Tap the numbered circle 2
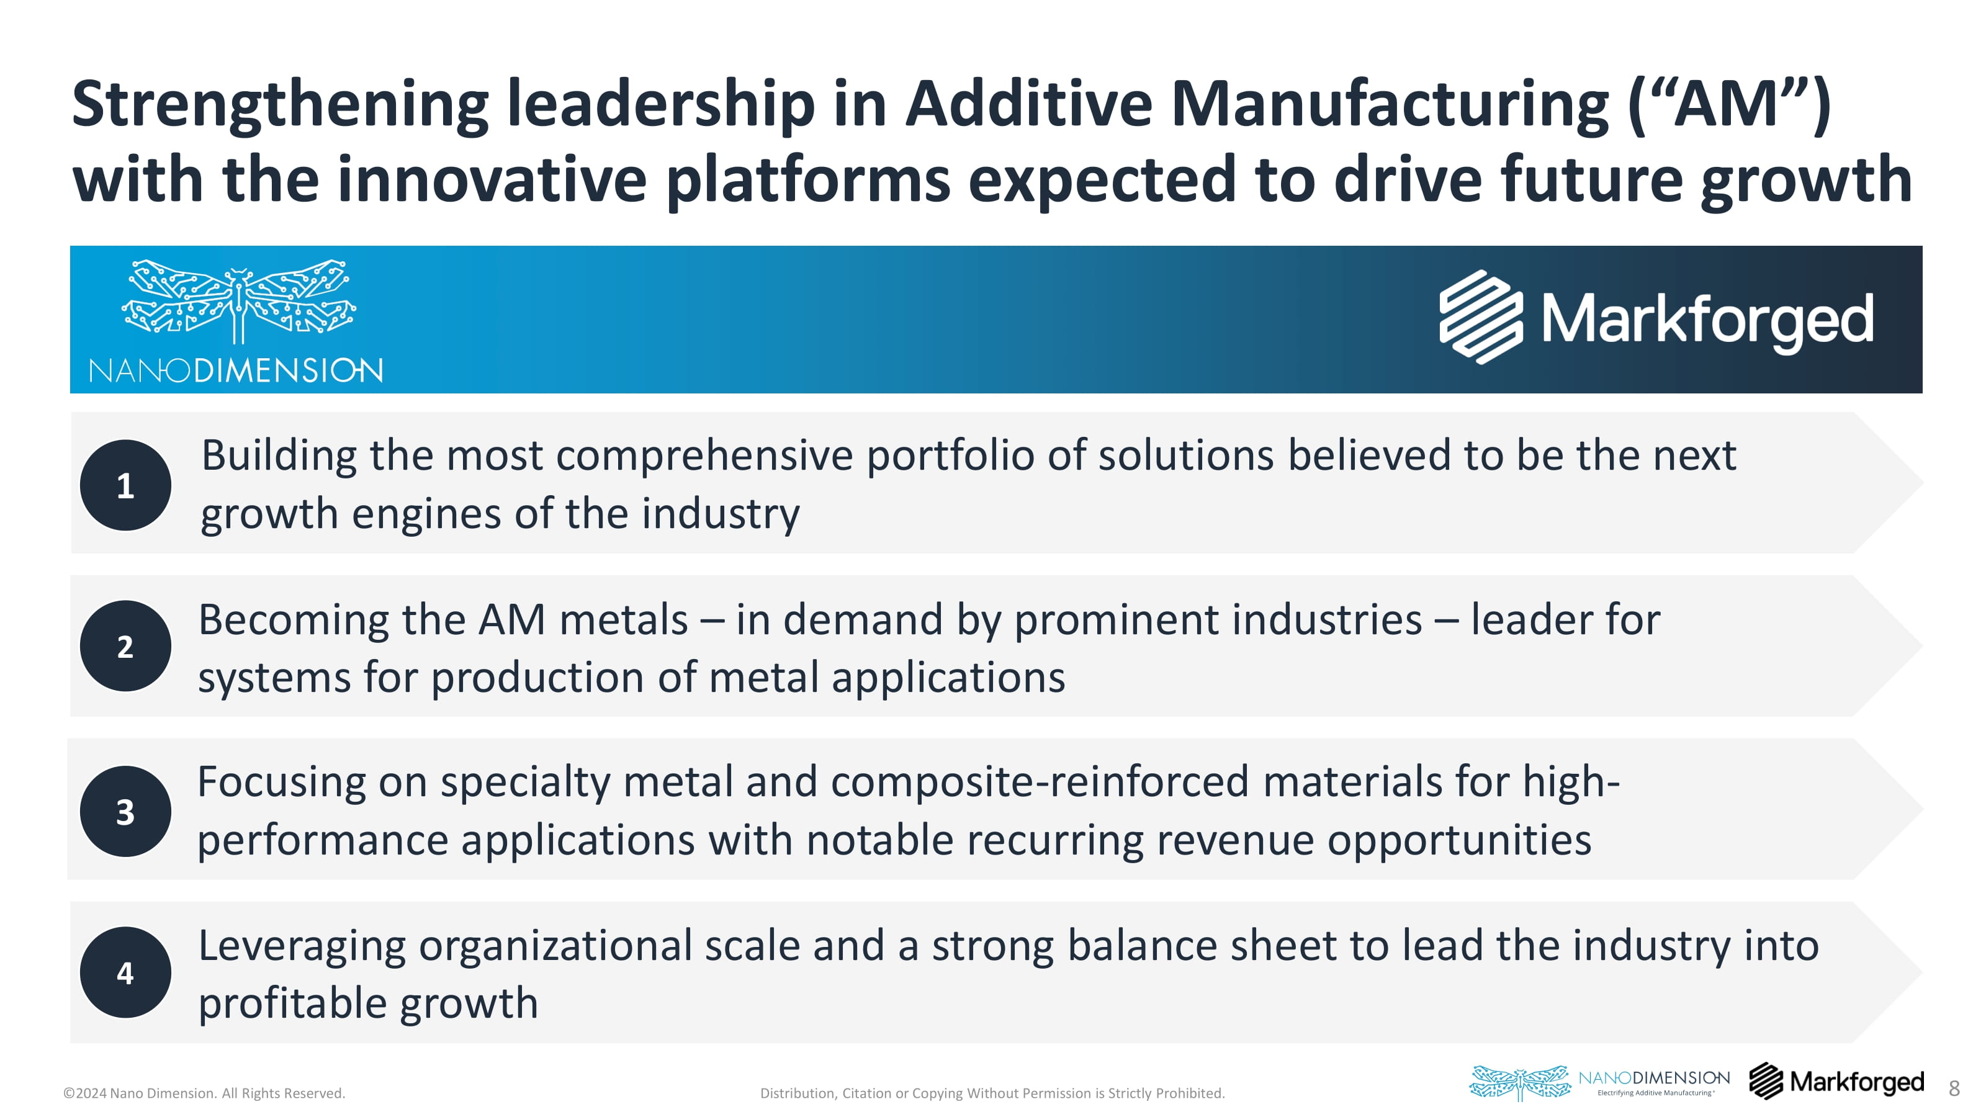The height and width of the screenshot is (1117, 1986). [x=125, y=646]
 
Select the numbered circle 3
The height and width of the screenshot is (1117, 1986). [x=125, y=811]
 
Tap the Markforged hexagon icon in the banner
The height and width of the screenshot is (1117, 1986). [x=1481, y=317]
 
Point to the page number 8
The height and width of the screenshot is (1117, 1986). [x=1954, y=1088]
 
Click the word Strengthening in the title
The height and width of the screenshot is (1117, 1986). [x=281, y=105]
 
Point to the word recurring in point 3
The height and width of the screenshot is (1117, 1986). [x=1056, y=840]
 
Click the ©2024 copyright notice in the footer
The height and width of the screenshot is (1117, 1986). [x=204, y=1093]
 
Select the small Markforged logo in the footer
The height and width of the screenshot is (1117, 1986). [x=1836, y=1081]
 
